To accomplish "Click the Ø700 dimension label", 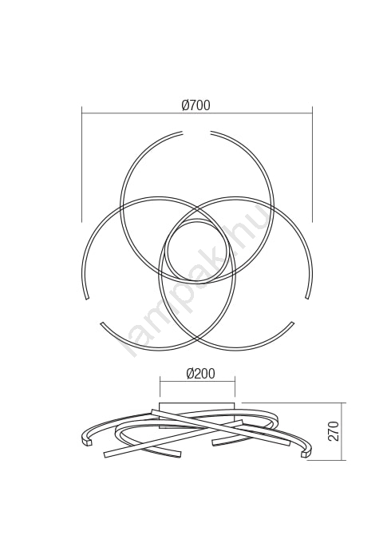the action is pyautogui.click(x=195, y=105).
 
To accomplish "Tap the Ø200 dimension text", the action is pyautogui.click(x=200, y=373).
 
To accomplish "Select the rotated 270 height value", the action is pyautogui.click(x=334, y=431).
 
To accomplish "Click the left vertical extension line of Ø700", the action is pyautogui.click(x=82, y=164).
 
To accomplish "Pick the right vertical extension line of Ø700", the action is pyautogui.click(x=312, y=164).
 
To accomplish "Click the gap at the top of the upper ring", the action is pyautogui.click(x=197, y=133).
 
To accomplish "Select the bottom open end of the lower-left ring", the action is pyautogui.click(x=103, y=323).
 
